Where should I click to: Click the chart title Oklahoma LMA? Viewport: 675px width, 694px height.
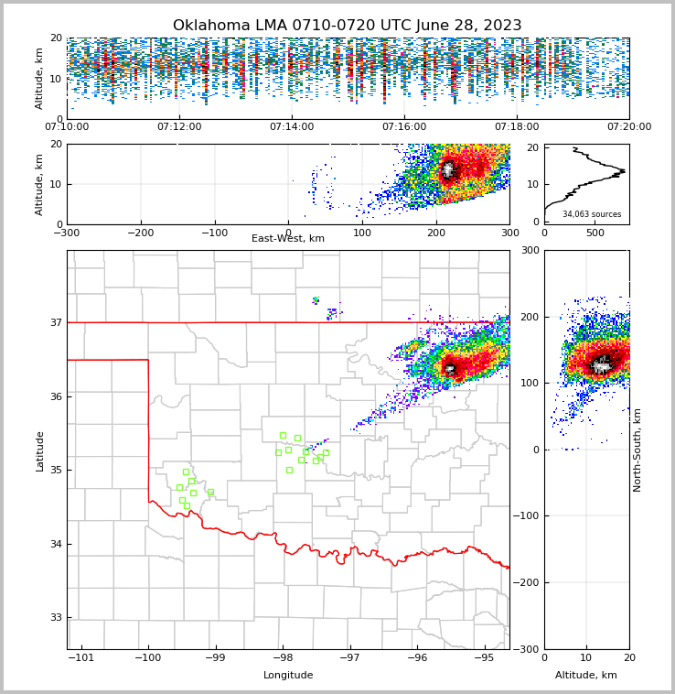point(347,26)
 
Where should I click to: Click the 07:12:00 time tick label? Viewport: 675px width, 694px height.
point(179,127)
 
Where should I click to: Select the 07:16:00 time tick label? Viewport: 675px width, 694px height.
point(404,127)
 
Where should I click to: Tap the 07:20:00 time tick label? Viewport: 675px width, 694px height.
point(629,127)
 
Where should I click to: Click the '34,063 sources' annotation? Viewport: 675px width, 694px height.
point(592,214)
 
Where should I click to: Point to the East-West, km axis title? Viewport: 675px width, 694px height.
point(288,239)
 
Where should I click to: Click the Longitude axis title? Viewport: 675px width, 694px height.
point(288,676)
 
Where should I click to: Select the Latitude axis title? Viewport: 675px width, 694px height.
point(40,450)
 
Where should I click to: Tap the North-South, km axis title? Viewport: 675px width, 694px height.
point(637,450)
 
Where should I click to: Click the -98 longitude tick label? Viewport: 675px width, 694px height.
point(283,657)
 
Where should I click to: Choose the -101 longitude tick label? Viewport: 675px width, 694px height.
point(81,657)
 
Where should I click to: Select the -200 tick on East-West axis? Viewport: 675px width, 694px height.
point(141,233)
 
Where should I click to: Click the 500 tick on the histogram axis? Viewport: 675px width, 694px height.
point(595,233)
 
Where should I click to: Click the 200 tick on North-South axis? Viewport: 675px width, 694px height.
point(528,317)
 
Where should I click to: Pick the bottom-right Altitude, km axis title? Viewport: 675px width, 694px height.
point(586,676)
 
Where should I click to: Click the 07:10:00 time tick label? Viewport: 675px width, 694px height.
point(67,127)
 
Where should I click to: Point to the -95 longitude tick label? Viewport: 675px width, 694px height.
point(484,657)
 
